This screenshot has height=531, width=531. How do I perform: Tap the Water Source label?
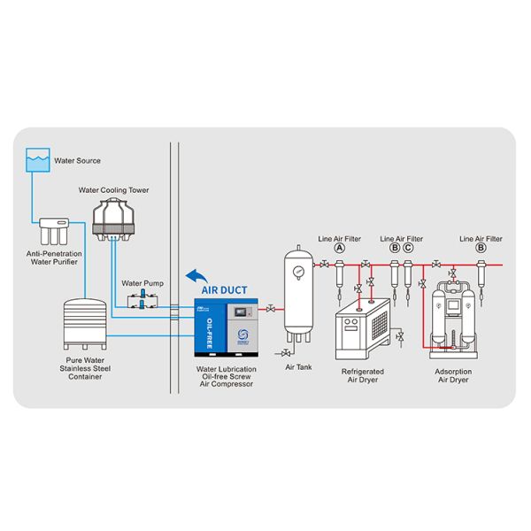tap(77, 161)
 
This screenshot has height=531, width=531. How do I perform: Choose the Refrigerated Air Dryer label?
tap(362, 376)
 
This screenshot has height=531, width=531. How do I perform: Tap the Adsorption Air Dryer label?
tap(454, 376)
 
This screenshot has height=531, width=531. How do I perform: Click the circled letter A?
tap(339, 249)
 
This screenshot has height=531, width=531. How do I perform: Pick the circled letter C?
tap(408, 249)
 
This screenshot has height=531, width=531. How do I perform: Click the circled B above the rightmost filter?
tap(481, 249)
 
